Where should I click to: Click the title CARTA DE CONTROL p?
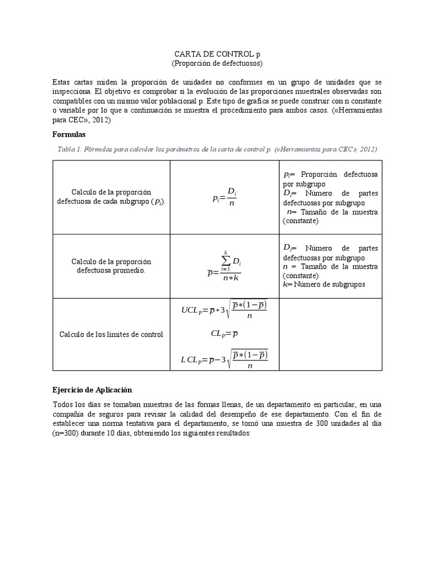[x=217, y=54]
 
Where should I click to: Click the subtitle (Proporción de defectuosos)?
[x=217, y=63]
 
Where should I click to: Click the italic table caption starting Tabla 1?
[x=217, y=149]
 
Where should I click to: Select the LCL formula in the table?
[x=224, y=359]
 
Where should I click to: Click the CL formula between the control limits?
[x=224, y=334]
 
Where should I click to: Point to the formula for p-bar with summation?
[x=224, y=266]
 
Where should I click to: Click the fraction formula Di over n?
[x=224, y=198]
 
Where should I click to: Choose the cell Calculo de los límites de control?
[x=111, y=334]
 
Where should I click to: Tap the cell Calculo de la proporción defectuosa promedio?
[x=111, y=266]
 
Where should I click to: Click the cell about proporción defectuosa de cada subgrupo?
[x=111, y=197]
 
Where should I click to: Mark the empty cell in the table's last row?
[x=331, y=334]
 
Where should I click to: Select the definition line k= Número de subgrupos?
[x=324, y=284]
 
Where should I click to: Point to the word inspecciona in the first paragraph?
[x=72, y=91]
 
